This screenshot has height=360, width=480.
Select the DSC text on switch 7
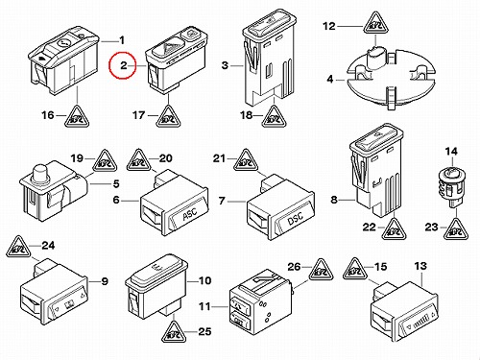pyautogui.click(x=296, y=217)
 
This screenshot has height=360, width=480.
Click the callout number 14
pyautogui.click(x=451, y=152)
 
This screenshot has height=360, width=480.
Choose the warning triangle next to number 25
pyautogui.click(x=174, y=332)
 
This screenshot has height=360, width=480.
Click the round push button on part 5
pyautogui.click(x=40, y=172)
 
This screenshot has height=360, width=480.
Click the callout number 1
pyautogui.click(x=122, y=40)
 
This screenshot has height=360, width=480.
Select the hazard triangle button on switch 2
pyautogui.click(x=166, y=49)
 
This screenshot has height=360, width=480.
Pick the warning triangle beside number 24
pyautogui.click(x=18, y=246)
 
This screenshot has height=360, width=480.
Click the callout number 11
pyautogui.click(x=204, y=306)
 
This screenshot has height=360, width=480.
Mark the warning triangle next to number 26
pyautogui.click(x=321, y=271)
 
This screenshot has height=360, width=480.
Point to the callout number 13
pyautogui.click(x=420, y=266)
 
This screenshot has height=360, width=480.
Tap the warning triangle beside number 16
pyautogui.click(x=77, y=116)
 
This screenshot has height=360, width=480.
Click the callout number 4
pyautogui.click(x=330, y=79)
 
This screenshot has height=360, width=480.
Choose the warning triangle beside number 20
pyautogui.click(x=138, y=160)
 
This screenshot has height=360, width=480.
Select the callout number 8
pyautogui.click(x=334, y=200)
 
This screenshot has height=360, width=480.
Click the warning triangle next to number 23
pyautogui.click(x=456, y=228)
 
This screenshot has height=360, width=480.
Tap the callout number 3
pyautogui.click(x=225, y=65)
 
